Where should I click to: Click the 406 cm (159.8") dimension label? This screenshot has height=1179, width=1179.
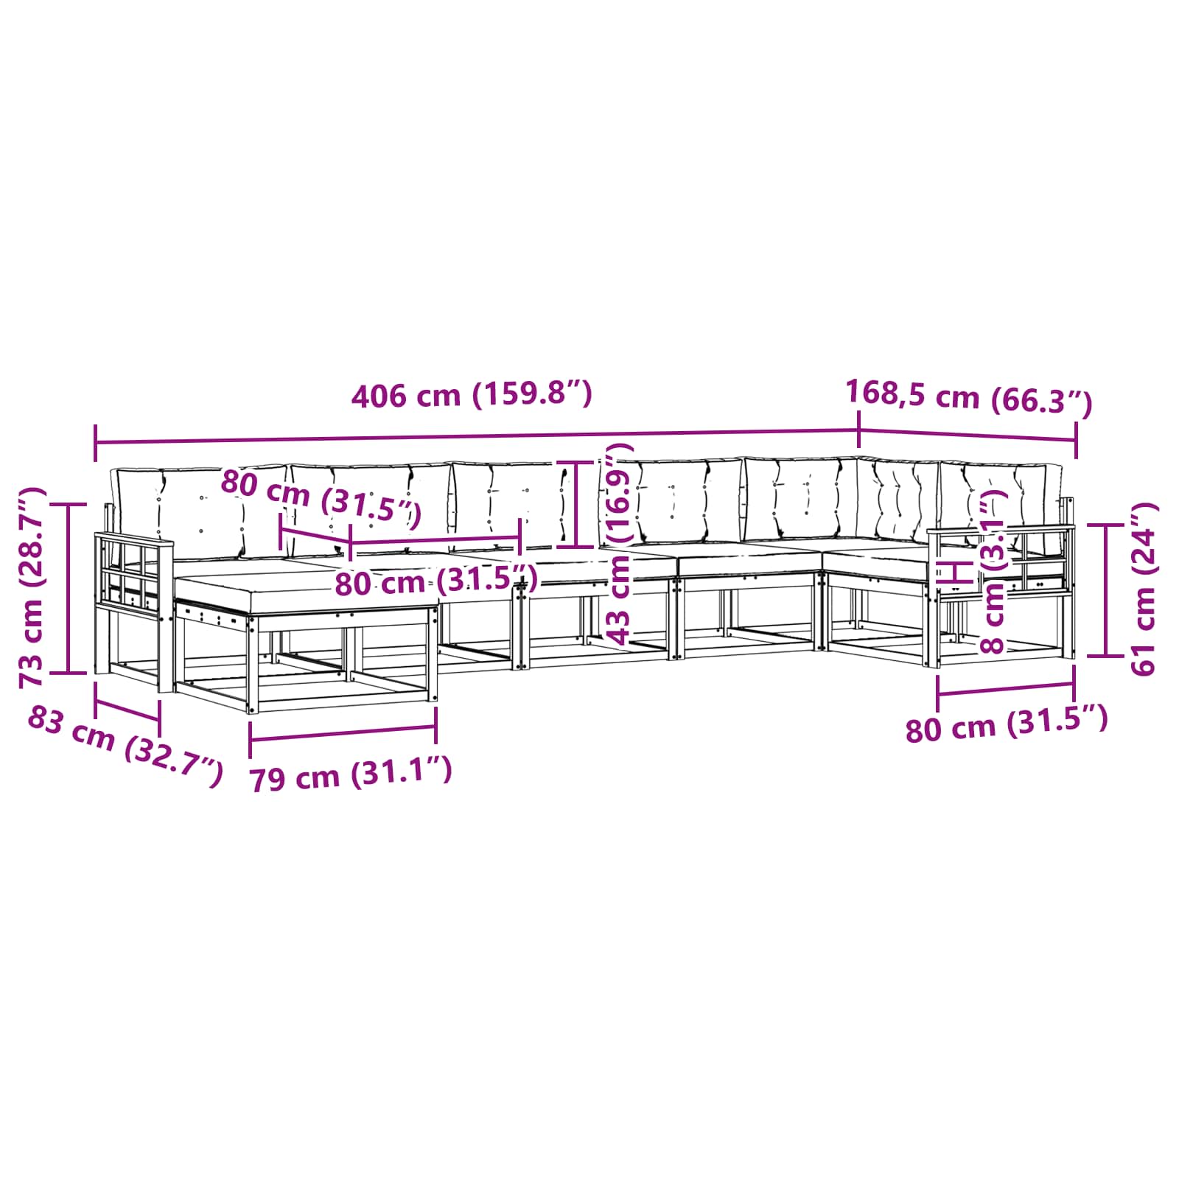472,395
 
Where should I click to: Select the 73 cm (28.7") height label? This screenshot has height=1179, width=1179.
33,587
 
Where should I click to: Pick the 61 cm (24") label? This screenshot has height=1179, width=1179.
1144,589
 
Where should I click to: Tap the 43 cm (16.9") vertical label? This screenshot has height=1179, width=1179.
617,545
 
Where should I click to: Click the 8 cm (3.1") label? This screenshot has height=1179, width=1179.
994,572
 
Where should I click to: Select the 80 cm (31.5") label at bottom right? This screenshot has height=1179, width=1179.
1007,724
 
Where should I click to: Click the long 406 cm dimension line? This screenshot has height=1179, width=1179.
477,436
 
